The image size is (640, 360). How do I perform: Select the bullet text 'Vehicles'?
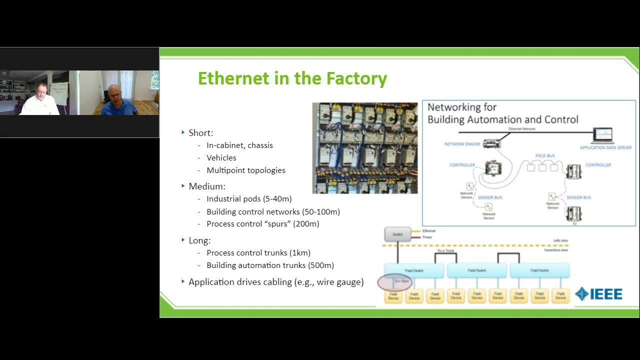click(x=221, y=157)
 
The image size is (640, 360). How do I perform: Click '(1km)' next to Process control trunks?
click(x=300, y=253)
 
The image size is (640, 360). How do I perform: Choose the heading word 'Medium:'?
click(x=207, y=186)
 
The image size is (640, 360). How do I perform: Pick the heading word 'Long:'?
click(x=199, y=240)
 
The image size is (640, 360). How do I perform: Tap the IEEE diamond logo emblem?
click(x=581, y=293)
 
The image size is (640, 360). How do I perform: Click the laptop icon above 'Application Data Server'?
click(x=602, y=135)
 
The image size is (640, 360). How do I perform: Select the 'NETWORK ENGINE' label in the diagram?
click(x=462, y=144)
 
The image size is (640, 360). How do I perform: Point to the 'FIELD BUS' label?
click(x=544, y=156)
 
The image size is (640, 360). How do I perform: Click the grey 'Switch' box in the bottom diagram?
click(x=397, y=234)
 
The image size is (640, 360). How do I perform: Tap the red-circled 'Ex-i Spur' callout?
click(x=395, y=282)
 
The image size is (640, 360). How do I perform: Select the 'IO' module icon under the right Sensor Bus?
click(x=574, y=214)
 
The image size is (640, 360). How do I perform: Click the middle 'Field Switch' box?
click(x=477, y=270)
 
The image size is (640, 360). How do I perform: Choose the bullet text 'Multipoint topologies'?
click(x=245, y=170)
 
